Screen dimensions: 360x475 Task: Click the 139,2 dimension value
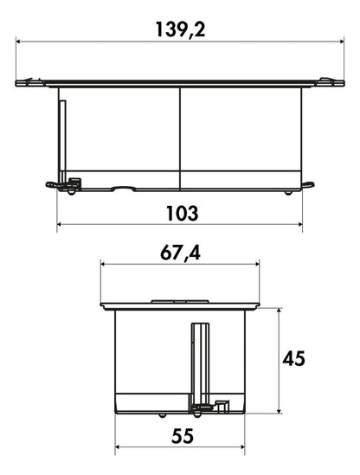(x=180, y=29)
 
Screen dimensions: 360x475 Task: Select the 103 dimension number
(x=183, y=213)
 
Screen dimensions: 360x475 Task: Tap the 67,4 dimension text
(x=180, y=254)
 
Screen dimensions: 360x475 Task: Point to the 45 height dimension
(x=293, y=359)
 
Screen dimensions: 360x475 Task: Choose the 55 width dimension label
(x=182, y=436)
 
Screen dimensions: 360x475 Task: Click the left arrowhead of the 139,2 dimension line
(x=18, y=42)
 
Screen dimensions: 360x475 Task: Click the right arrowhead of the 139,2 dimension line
(x=342, y=42)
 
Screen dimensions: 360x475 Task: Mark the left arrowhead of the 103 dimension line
(x=60, y=224)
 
